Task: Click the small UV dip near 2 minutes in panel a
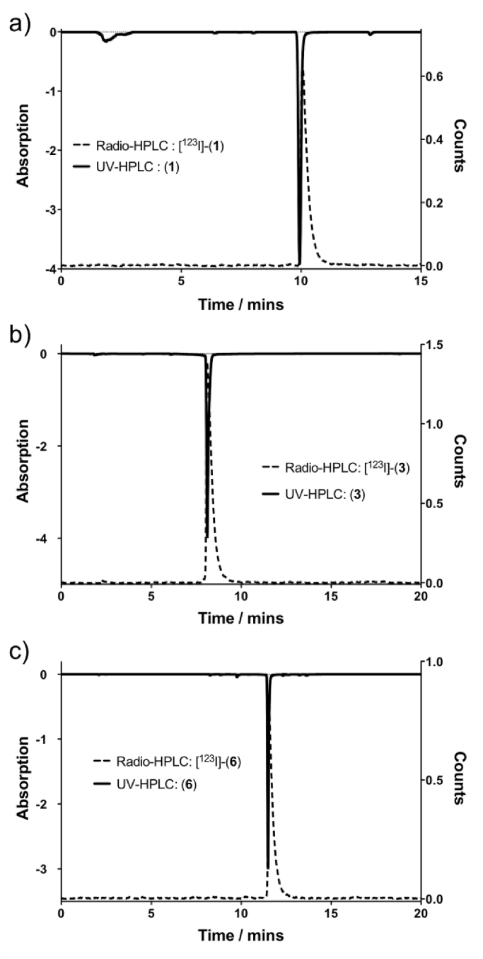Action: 107,40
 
